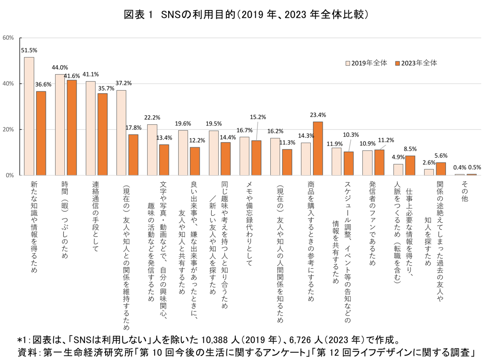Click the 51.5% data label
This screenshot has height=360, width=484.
click(29, 50)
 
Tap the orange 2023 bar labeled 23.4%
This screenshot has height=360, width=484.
click(318, 148)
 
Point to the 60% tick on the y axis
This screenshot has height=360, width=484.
click(8, 38)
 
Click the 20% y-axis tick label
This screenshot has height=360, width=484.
click(8, 130)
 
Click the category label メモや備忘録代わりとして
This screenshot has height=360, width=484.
click(249, 223)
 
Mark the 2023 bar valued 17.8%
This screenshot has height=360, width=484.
click(133, 155)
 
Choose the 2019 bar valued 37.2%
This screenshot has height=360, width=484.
click(121, 133)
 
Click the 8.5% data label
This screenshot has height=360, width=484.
click(410, 149)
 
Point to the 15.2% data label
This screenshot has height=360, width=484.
click(258, 117)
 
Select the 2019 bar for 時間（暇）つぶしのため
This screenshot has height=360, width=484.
click(60, 124)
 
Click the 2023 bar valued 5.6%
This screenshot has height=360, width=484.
click(441, 169)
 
